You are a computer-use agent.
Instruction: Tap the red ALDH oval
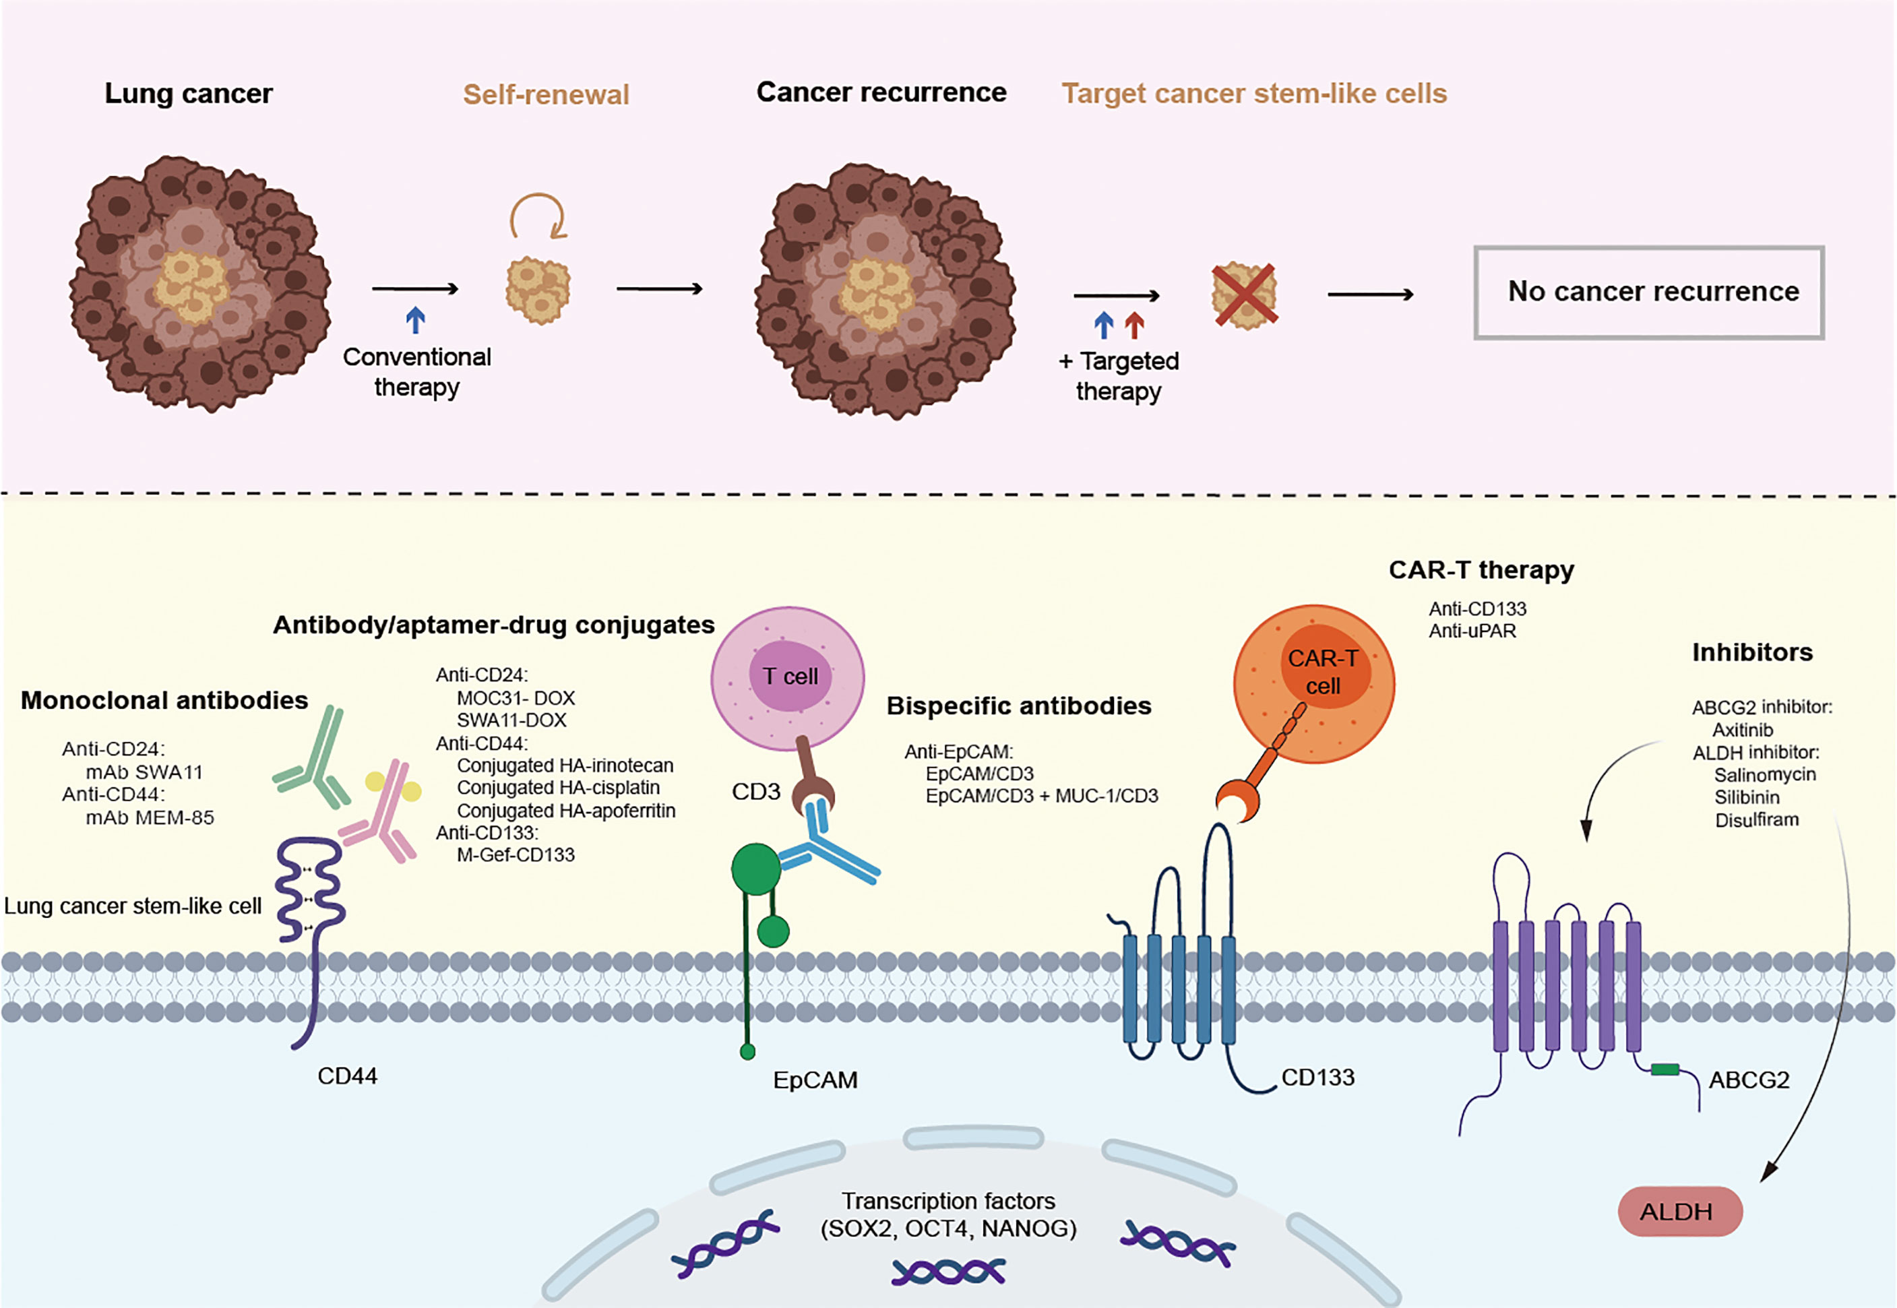point(1679,1211)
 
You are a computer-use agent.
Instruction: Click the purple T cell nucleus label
point(790,676)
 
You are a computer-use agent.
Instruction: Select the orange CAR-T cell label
point(1323,672)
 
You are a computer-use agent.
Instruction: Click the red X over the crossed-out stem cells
point(1244,295)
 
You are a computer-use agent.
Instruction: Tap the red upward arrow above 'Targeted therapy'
point(1134,325)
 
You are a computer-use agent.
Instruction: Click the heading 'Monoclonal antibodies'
point(164,700)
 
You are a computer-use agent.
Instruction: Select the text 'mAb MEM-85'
point(150,817)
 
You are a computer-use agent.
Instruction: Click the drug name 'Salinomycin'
point(1764,774)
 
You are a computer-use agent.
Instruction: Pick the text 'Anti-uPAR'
point(1472,631)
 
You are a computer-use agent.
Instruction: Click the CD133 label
point(1317,1077)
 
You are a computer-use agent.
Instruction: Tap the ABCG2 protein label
point(1748,1080)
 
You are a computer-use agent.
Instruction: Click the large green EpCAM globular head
point(755,869)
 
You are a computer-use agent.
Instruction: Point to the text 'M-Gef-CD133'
point(516,854)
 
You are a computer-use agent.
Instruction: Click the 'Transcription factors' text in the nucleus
point(948,1201)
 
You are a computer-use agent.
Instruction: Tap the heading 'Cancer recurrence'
point(881,92)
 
